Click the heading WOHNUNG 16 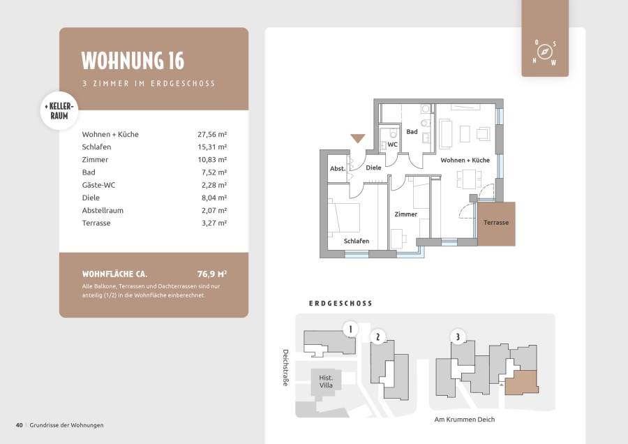point(133,61)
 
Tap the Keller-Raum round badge point(59,111)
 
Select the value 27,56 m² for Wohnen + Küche point(212,134)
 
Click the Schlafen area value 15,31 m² point(212,147)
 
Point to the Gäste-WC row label point(98,185)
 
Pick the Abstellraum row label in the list point(103,210)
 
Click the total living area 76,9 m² point(212,274)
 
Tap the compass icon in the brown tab point(545,52)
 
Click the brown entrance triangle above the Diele point(358,138)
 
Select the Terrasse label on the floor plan point(496,223)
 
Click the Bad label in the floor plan point(412,131)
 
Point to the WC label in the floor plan point(392,145)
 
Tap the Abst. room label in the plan point(338,169)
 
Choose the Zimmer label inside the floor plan point(405,214)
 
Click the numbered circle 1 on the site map point(350,329)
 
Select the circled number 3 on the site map point(458,336)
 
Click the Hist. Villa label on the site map point(326,381)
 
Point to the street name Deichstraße point(285,367)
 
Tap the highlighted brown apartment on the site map point(521,383)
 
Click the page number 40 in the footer point(20,425)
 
